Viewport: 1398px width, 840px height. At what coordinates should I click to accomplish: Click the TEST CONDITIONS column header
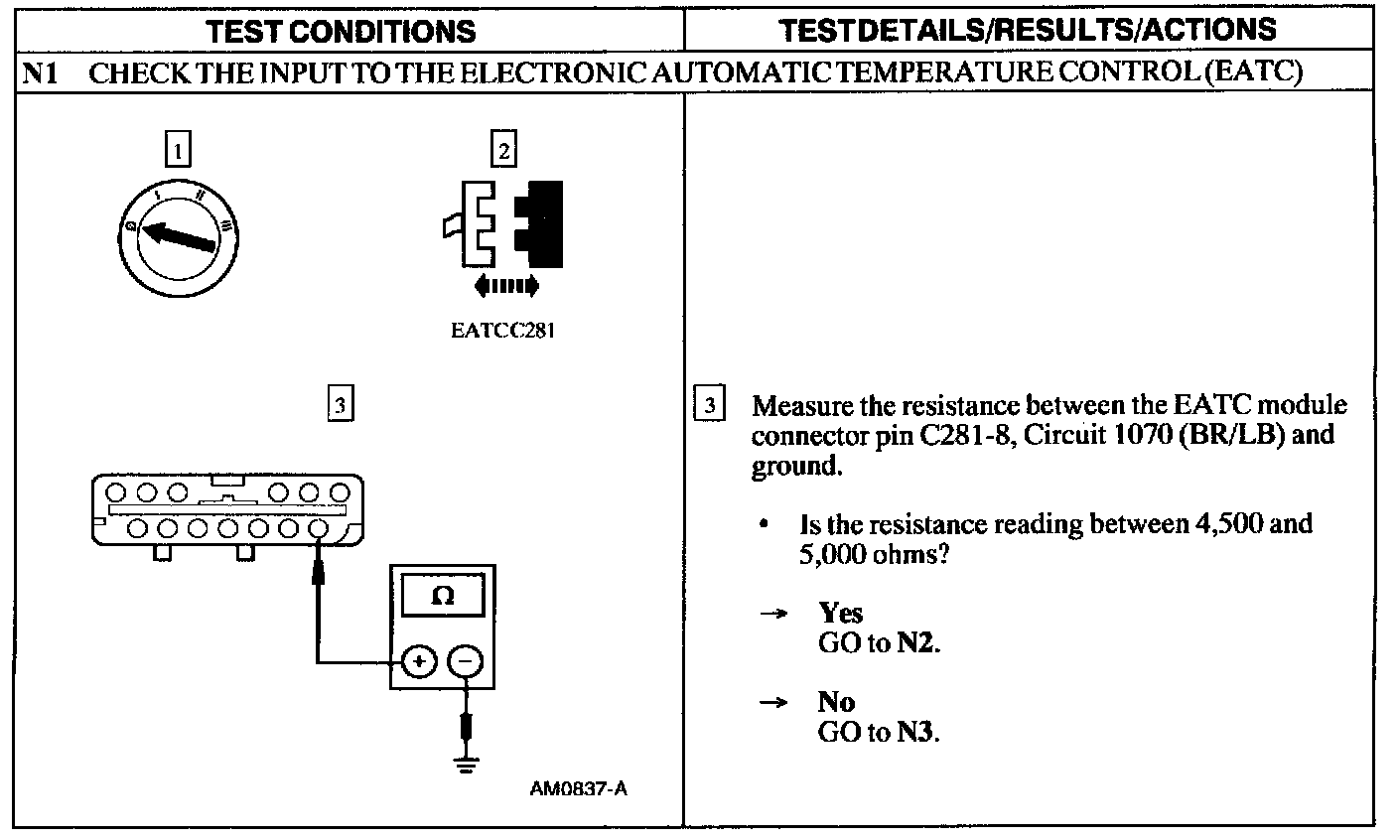pos(343,31)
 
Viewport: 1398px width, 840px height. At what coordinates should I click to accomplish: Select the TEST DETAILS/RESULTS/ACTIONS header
pos(1029,29)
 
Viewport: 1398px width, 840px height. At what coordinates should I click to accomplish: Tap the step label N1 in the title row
pos(41,73)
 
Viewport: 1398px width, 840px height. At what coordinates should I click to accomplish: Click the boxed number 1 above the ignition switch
pos(177,151)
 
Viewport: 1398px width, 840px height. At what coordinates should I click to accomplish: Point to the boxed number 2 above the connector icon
pos(504,151)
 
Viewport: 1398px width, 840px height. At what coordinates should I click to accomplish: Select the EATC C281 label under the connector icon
pos(501,332)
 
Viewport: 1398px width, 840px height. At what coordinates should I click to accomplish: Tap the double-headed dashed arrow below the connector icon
pos(506,287)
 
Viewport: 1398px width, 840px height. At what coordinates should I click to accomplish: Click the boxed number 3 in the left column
pos(340,404)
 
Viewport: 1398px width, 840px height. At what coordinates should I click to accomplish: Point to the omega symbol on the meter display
pos(443,597)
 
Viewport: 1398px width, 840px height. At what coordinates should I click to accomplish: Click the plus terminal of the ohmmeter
pos(418,660)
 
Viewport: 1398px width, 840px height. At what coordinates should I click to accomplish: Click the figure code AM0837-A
pos(579,789)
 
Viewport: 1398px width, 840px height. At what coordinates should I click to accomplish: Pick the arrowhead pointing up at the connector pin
pos(319,572)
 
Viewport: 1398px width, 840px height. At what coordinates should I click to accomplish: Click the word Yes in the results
pos(840,613)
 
